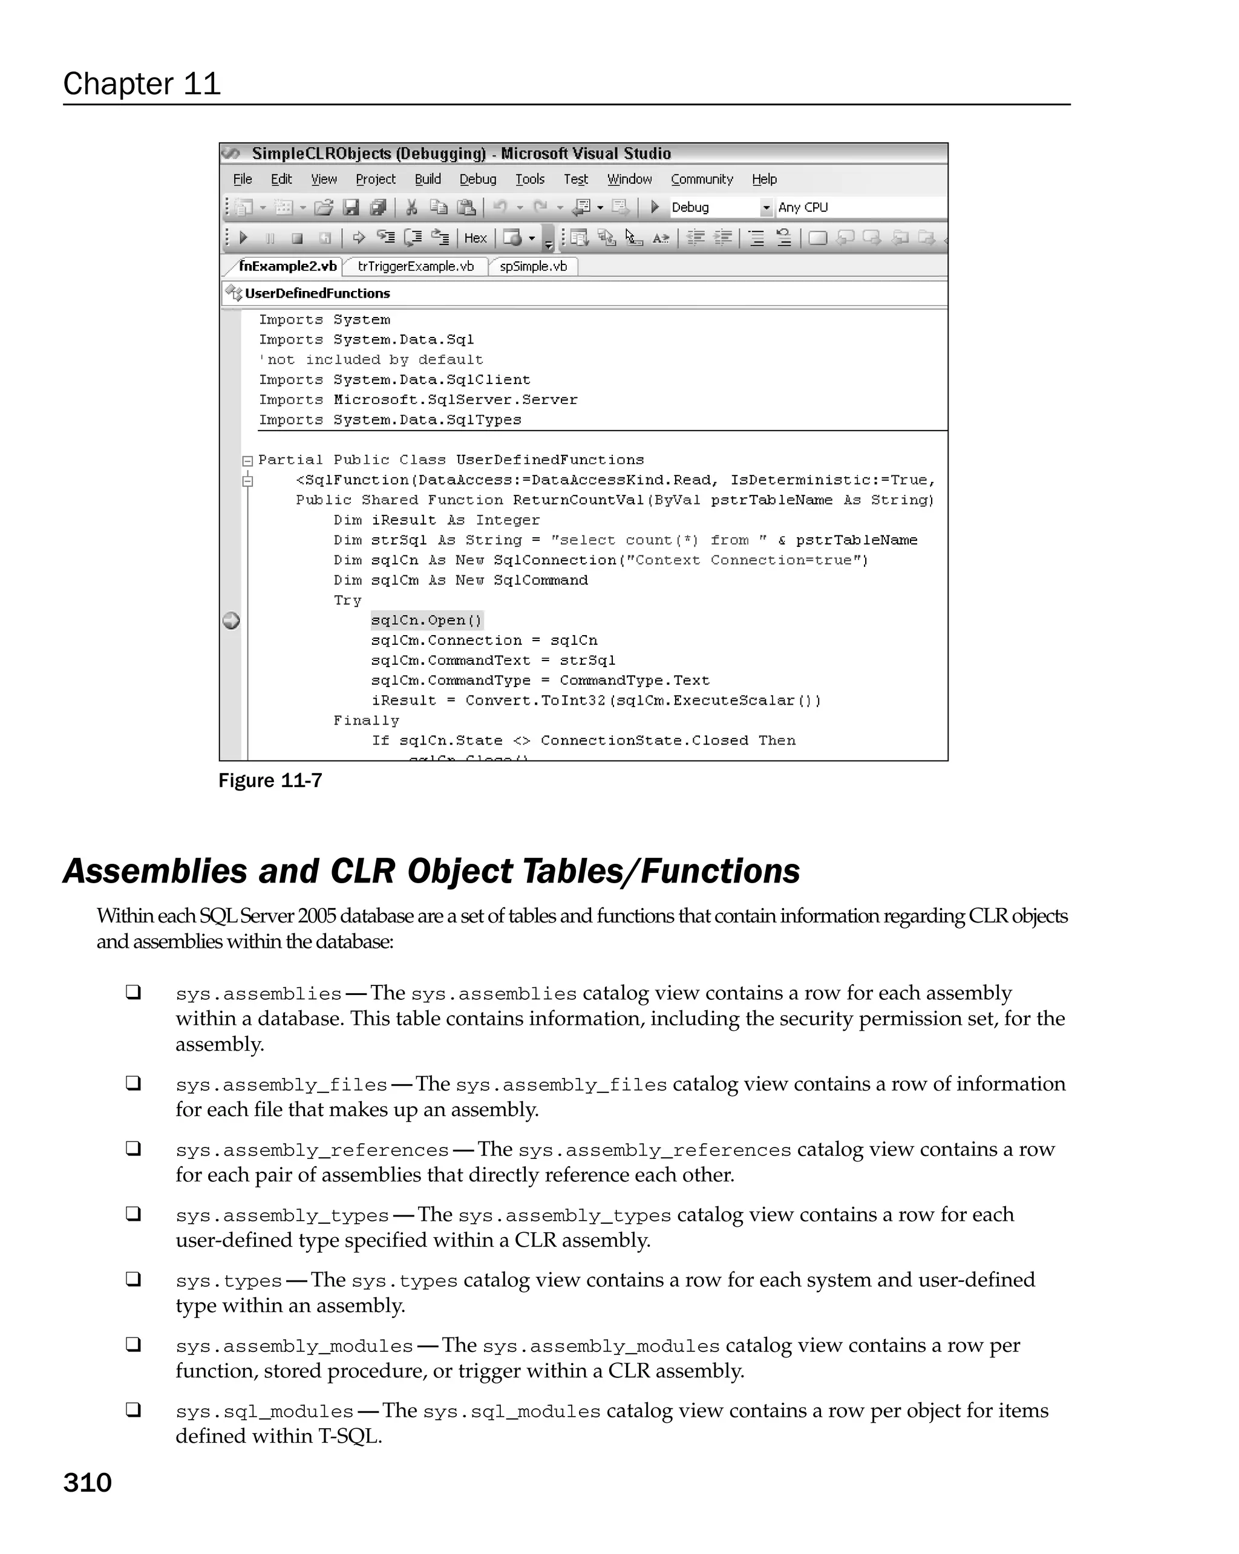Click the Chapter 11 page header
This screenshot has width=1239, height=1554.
[142, 83]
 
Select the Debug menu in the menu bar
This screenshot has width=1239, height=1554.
[477, 179]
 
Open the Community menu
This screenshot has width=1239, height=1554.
[701, 179]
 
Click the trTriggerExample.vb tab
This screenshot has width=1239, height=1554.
[415, 266]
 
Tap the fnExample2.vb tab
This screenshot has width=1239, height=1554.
[287, 266]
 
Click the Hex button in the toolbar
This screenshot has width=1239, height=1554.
[475, 238]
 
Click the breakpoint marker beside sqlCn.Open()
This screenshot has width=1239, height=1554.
[231, 621]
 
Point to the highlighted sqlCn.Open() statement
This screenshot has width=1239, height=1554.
[426, 621]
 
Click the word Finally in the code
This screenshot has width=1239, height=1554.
[365, 721]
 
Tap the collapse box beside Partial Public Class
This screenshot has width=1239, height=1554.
[247, 460]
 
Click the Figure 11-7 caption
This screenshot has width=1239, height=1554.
[270, 780]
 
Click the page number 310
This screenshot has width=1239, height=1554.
[87, 1483]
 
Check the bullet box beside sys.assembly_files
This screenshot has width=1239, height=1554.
[133, 1083]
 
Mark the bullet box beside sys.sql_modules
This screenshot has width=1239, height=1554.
[133, 1410]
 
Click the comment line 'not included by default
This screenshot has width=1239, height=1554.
[370, 360]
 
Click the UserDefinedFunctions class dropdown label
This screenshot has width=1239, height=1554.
[316, 293]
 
